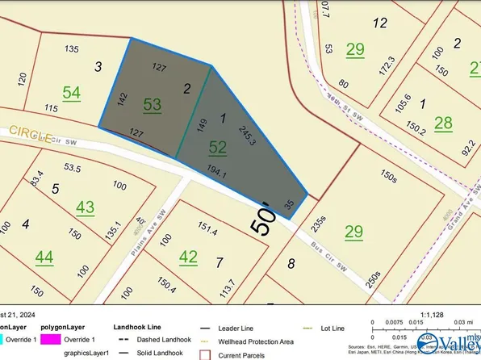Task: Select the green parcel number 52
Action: click(x=218, y=147)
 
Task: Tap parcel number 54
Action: click(x=71, y=94)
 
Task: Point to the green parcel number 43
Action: click(x=85, y=207)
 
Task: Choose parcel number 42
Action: click(x=188, y=257)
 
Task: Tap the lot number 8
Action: click(x=291, y=262)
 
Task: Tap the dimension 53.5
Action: click(x=73, y=168)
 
